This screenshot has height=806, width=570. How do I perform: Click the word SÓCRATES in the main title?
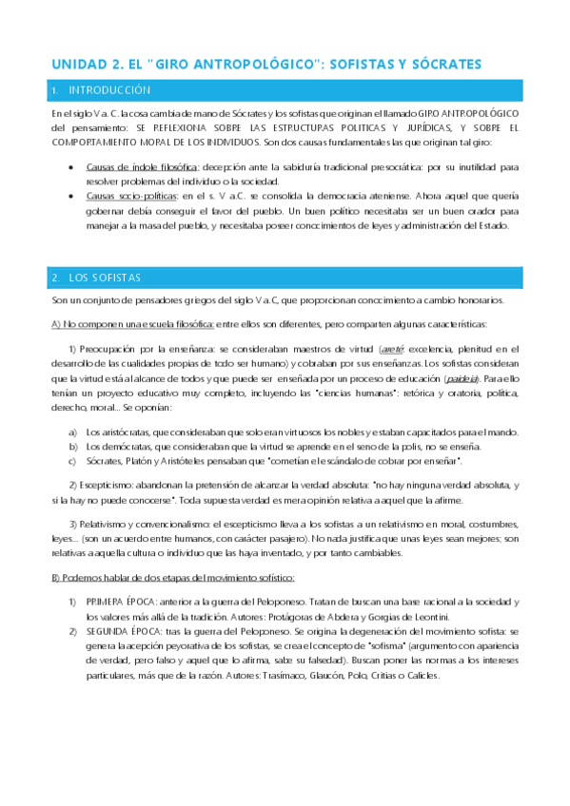443,64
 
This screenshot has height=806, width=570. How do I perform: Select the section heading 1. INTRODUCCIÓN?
104,90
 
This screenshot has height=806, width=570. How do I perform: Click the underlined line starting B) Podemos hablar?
173,578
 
